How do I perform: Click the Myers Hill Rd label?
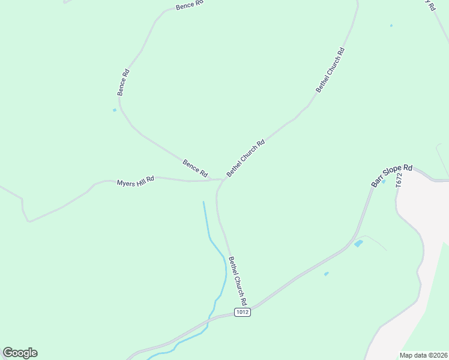click(x=136, y=181)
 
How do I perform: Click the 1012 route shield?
click(x=243, y=313)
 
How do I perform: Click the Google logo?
click(x=20, y=353)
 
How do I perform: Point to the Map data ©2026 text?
click(x=423, y=355)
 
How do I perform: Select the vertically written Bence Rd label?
click(x=123, y=82)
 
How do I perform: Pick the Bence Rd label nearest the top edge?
click(x=190, y=5)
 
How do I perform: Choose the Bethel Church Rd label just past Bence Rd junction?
click(x=246, y=158)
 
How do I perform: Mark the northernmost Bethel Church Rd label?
click(x=330, y=70)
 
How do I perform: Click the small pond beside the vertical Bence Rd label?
click(x=114, y=110)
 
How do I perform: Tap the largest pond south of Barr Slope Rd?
click(x=358, y=244)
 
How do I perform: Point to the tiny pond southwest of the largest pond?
click(x=326, y=274)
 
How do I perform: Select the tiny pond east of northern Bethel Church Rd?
click(x=391, y=25)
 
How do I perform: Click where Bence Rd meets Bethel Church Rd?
click(x=222, y=179)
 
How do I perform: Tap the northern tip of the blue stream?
click(x=203, y=202)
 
